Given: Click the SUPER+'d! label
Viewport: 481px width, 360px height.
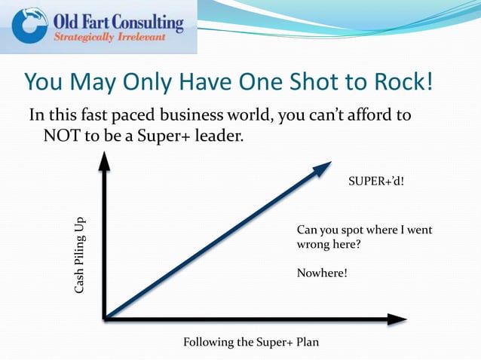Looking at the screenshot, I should (375, 182).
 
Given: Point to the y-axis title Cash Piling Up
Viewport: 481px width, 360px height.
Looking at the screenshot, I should (79, 257).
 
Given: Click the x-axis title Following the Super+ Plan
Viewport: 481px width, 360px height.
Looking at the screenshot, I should (251, 342).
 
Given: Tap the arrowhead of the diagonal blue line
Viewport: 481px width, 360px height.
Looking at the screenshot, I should (323, 168).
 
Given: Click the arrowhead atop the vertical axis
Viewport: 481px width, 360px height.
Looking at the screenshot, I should (105, 160).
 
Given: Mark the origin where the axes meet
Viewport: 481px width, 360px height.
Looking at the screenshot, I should (106, 319).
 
